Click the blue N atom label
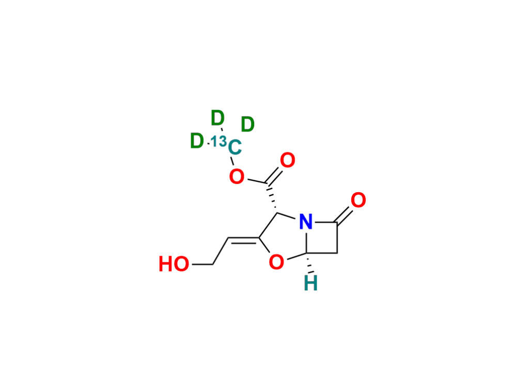click(306, 222)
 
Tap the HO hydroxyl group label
click(174, 264)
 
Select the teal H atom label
click(310, 283)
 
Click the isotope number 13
click(219, 141)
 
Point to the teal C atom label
click(235, 147)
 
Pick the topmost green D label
click(217, 118)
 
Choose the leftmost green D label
click(197, 141)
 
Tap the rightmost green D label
click(247, 125)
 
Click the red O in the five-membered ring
click(276, 262)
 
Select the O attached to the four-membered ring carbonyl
click(359, 200)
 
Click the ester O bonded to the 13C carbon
click(237, 177)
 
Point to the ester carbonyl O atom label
click(287, 160)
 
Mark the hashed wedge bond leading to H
click(309, 263)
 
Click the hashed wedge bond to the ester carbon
click(272, 198)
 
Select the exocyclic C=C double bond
click(244, 239)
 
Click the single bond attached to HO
click(203, 264)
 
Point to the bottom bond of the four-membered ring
click(321, 252)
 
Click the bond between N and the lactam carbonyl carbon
click(324, 222)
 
